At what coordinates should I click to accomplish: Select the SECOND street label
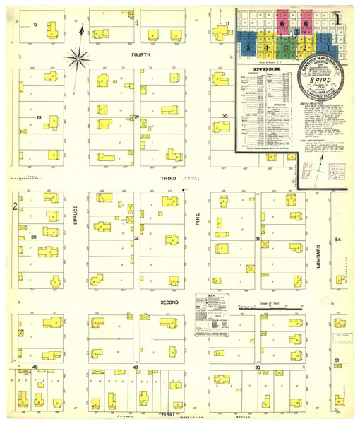[x=168, y=302]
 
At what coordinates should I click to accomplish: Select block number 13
[x=35, y=24]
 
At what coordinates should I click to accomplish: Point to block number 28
[x=40, y=117]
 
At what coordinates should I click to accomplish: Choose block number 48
[x=35, y=367]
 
